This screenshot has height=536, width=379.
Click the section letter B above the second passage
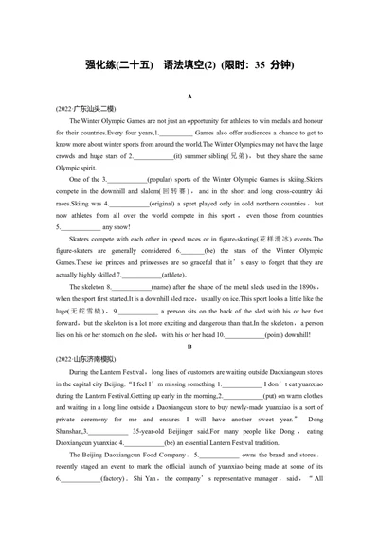point(189,348)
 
